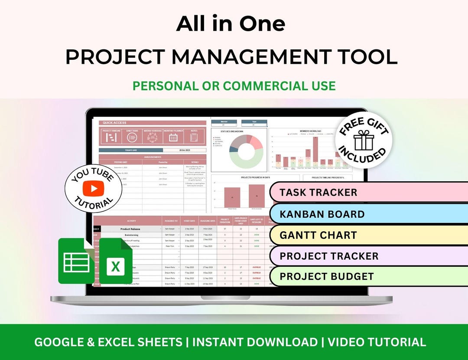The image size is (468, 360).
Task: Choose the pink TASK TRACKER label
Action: click(318, 192)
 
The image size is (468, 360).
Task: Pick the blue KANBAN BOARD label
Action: click(322, 214)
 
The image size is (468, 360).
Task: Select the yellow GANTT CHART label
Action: click(318, 235)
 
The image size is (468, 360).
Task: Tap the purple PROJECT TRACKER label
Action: click(329, 256)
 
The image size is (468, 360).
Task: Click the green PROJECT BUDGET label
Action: click(327, 276)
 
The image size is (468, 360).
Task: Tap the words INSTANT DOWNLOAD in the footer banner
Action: click(255, 342)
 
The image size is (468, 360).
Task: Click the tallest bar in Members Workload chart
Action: click(315, 152)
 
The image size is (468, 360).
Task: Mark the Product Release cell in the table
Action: click(131, 229)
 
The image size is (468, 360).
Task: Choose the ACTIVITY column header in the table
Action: click(131, 221)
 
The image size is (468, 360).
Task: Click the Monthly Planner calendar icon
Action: click(173, 137)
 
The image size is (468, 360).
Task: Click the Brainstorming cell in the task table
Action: click(131, 234)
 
